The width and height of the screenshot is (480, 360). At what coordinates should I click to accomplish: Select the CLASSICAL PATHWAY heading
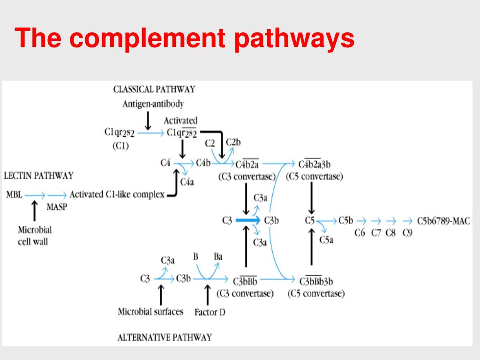(154, 90)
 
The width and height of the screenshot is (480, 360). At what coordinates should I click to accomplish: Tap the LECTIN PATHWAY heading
(38, 176)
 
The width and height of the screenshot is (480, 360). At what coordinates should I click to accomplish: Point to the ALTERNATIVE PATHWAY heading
(165, 337)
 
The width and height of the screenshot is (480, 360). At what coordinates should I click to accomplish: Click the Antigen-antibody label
(153, 104)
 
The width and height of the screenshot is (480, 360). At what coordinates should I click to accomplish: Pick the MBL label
(14, 195)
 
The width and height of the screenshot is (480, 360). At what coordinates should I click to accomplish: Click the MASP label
(57, 207)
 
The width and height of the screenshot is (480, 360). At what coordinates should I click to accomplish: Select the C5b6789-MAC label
(443, 221)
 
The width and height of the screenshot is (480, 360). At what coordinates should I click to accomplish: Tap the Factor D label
(210, 312)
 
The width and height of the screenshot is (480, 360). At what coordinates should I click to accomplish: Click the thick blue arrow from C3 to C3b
(247, 220)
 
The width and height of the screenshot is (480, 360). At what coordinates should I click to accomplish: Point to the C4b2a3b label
(315, 165)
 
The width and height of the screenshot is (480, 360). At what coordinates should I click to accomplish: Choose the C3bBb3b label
(316, 281)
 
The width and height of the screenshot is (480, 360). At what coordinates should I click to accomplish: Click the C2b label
(233, 142)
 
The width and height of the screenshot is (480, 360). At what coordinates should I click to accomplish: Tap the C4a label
(187, 182)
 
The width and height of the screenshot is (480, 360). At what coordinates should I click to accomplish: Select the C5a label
(326, 240)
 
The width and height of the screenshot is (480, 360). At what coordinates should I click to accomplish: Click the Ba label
(218, 256)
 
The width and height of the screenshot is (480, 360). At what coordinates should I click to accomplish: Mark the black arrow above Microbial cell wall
(35, 210)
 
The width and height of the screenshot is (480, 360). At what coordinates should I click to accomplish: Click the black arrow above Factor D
(208, 295)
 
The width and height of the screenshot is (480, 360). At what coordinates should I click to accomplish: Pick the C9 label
(407, 233)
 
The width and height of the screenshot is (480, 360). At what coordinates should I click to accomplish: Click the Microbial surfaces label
(150, 312)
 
